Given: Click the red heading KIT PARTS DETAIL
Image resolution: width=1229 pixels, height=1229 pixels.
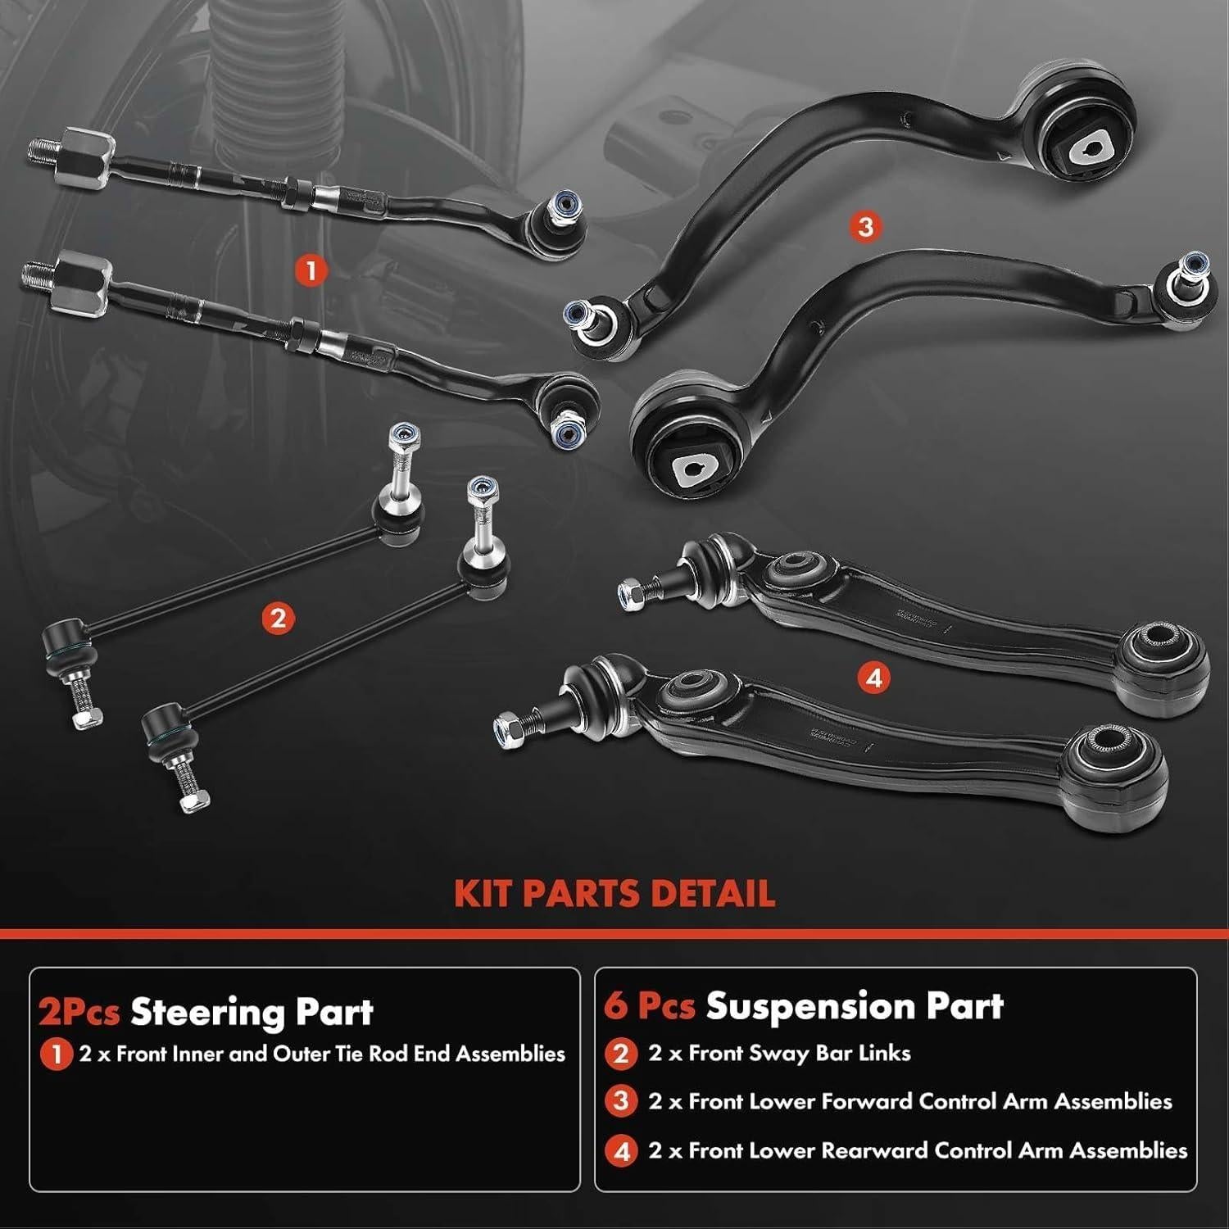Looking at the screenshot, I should coord(614,894).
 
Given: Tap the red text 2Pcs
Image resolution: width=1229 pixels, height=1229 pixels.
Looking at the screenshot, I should coord(79,1013).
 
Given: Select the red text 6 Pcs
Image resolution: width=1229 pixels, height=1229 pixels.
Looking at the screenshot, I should coord(649,1006).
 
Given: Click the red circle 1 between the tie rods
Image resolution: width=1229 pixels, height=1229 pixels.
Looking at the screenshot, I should coord(311,270).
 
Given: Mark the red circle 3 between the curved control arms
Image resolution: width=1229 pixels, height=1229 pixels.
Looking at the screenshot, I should coord(866,226).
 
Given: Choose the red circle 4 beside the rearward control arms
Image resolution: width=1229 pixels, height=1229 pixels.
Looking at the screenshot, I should coord(874,678).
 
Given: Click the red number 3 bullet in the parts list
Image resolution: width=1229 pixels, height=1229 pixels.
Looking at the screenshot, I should coord(621,1101).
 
